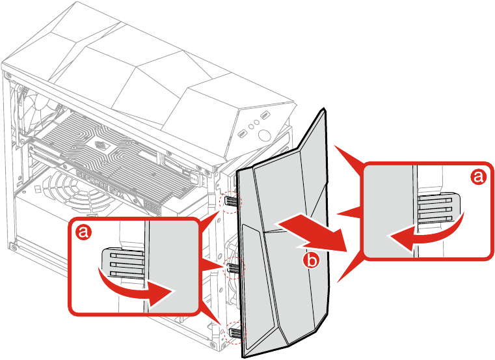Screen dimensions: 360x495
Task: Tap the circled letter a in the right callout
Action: coord(477,176)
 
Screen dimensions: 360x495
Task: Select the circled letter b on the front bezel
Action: coord(312,260)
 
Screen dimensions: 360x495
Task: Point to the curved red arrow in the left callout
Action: coord(133,290)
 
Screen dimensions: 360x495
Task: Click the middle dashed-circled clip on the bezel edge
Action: coord(232,268)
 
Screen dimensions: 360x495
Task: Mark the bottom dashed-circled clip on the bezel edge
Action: coord(234,332)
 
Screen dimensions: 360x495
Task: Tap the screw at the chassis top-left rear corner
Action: coord(7,76)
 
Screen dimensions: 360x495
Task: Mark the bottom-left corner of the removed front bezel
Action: coord(243,357)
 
